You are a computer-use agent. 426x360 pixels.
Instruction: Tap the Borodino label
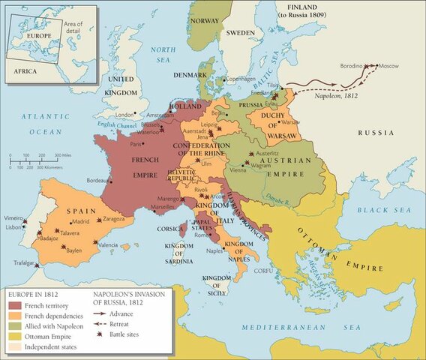tap(354, 66)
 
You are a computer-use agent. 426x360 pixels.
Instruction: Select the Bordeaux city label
tap(98, 181)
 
